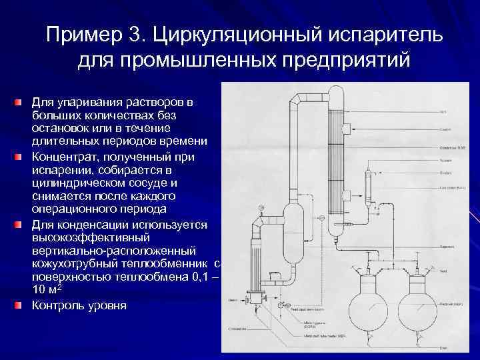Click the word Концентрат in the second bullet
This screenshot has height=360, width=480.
(66, 156)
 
